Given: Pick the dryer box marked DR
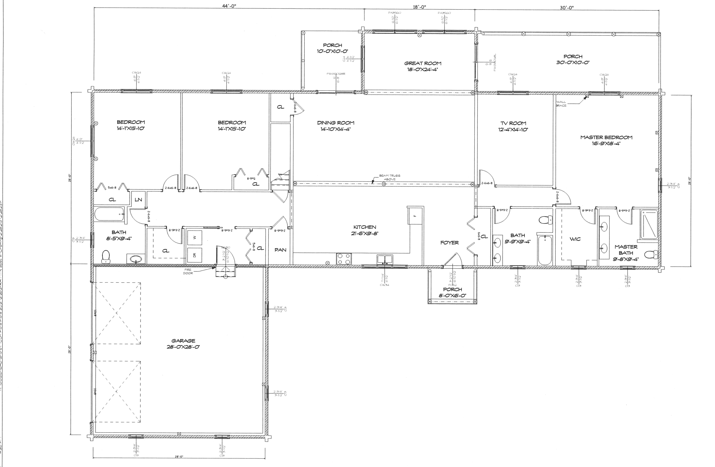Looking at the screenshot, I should tap(194, 255).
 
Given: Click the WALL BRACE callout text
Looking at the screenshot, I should tap(561, 104).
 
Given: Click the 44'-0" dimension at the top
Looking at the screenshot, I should tap(229, 6).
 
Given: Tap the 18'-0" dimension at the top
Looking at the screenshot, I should tap(419, 7).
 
